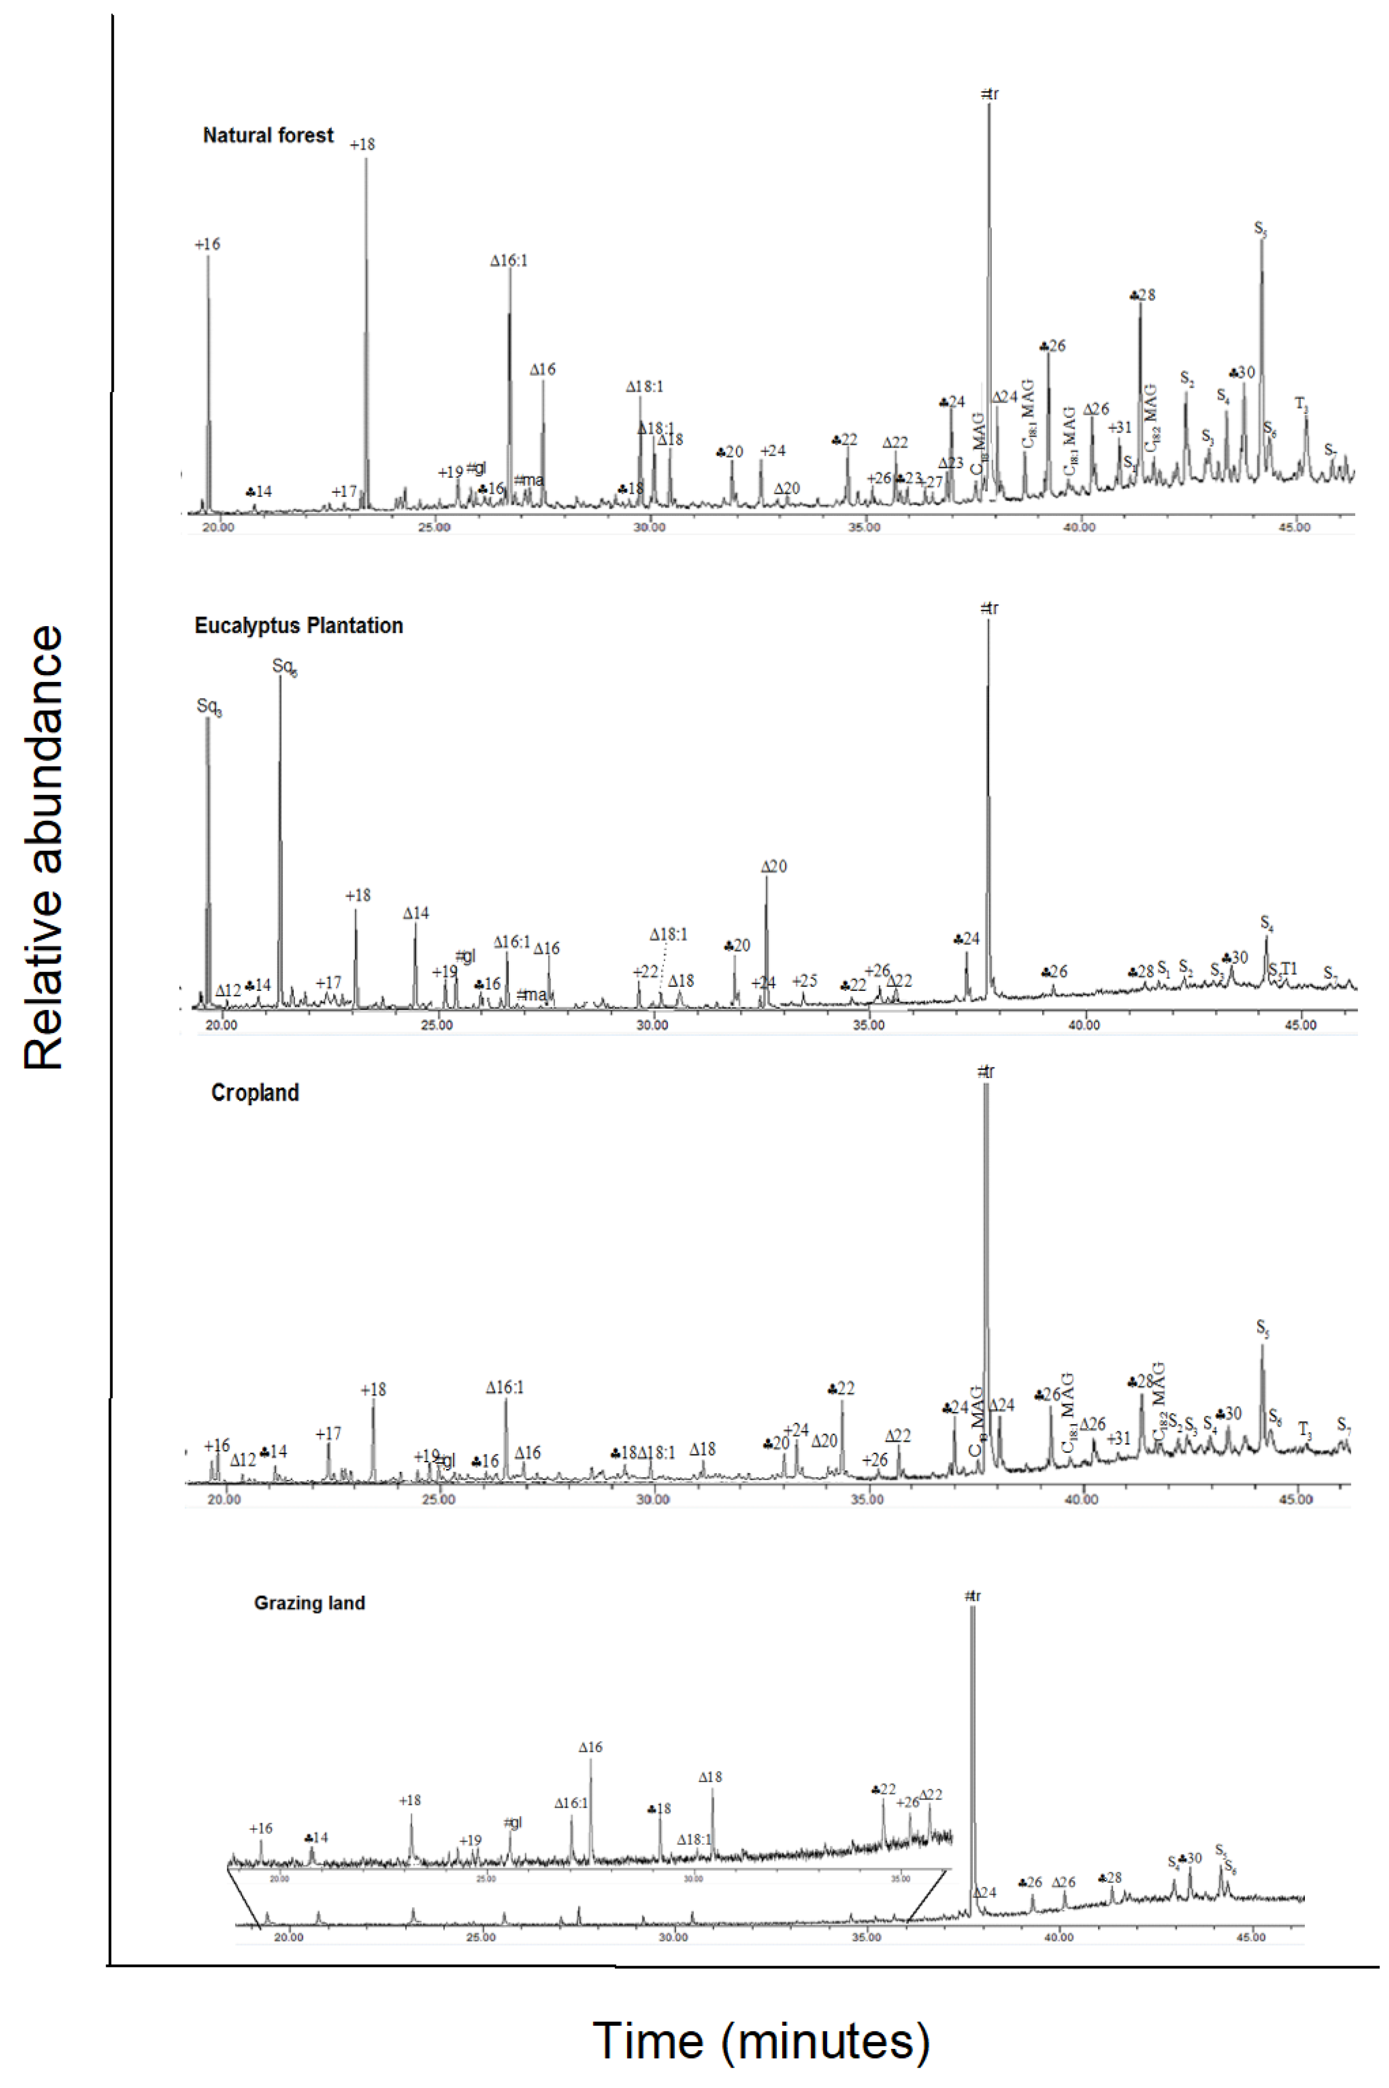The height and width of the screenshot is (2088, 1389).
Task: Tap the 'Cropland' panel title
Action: tap(255, 1092)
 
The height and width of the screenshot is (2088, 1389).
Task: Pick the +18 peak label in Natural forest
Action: tap(362, 144)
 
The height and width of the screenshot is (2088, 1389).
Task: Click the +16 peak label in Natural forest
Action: tap(207, 245)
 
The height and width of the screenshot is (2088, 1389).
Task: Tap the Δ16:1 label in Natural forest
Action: tap(509, 261)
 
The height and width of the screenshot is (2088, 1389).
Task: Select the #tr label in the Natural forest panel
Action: tap(990, 94)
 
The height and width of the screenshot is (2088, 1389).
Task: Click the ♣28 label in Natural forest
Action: tap(1143, 295)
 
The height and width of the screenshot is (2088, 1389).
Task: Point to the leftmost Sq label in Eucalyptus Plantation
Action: tap(209, 707)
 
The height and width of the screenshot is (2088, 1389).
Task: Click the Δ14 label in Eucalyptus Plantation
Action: tap(416, 914)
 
